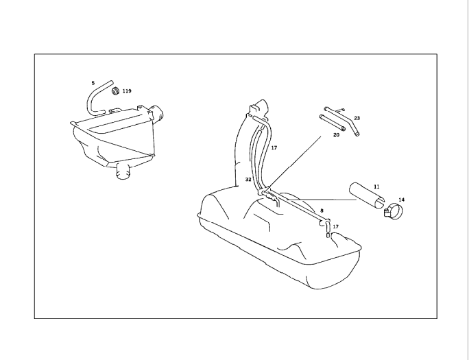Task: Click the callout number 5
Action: [93, 83]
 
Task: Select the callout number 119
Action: [127, 91]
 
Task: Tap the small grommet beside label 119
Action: [116, 91]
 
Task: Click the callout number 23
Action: [357, 118]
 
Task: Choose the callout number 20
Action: [336, 135]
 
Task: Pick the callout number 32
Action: [248, 180]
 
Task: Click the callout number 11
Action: [376, 187]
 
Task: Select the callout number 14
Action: [401, 200]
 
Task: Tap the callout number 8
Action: [322, 211]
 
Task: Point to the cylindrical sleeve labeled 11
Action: [367, 195]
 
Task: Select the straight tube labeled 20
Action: [333, 123]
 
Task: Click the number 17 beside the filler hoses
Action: [274, 147]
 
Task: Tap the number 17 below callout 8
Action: [335, 227]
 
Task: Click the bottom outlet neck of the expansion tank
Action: [123, 171]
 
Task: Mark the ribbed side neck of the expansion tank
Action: [157, 114]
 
